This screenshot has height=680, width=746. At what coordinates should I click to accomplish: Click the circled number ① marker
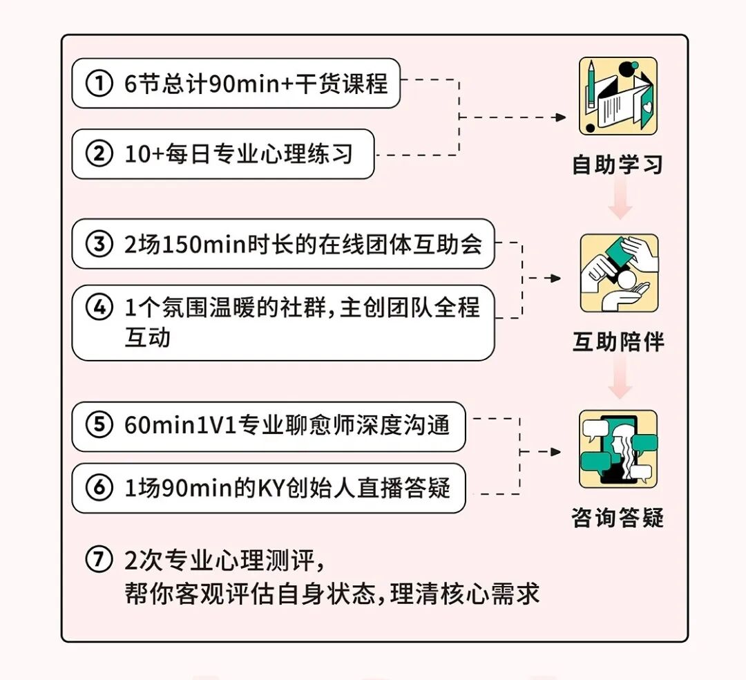click(x=99, y=84)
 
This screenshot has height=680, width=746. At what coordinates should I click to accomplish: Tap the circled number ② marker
click(x=99, y=153)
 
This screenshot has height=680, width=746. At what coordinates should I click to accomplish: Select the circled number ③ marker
click(x=99, y=244)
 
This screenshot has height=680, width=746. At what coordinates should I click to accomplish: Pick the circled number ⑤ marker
click(x=99, y=425)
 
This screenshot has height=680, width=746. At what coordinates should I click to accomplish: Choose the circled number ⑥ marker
click(x=99, y=488)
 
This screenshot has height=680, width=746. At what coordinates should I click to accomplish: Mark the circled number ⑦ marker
click(x=99, y=560)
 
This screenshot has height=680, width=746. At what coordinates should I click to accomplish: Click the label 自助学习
click(x=618, y=164)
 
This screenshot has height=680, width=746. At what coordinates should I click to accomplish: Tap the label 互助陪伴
click(x=618, y=342)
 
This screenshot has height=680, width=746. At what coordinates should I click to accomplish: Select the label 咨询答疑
click(x=618, y=518)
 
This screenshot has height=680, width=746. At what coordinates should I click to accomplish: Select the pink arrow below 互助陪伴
click(x=620, y=381)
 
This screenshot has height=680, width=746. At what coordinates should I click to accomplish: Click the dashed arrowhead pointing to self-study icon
click(x=561, y=117)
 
